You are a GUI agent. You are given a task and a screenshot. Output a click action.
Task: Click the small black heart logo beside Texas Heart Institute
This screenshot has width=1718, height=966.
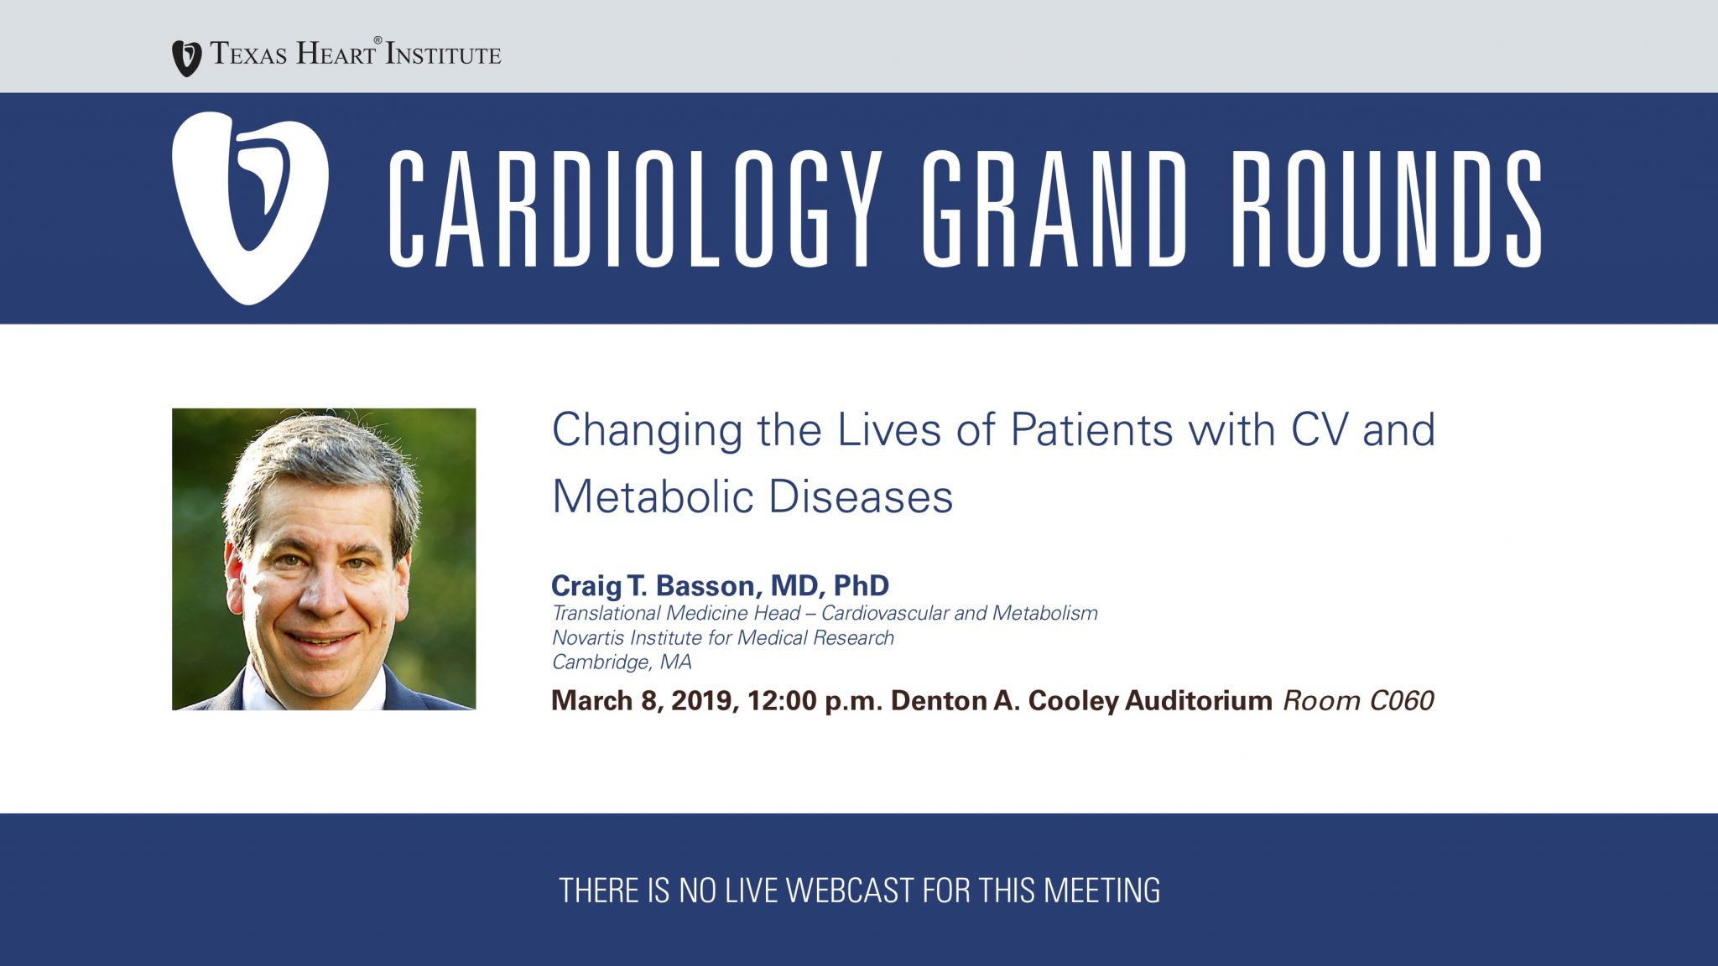[186, 59]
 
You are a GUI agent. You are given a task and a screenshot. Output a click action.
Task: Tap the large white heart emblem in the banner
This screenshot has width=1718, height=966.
[250, 208]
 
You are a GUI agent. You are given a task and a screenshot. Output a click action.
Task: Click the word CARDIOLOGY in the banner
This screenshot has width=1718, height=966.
[634, 209]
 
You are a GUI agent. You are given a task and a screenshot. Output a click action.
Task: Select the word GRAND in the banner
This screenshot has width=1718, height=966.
[1055, 209]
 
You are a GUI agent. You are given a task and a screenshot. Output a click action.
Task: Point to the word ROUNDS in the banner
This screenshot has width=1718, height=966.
[1386, 209]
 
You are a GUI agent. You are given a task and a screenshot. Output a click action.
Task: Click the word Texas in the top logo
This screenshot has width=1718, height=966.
[249, 54]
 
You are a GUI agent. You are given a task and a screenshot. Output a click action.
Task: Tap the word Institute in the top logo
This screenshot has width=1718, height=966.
[443, 55]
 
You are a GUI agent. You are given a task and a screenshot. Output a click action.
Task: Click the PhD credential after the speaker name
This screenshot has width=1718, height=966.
[862, 585]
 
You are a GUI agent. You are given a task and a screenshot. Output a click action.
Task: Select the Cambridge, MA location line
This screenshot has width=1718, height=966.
[622, 662]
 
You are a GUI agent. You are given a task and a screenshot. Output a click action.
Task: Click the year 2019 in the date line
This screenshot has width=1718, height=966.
[705, 701]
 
